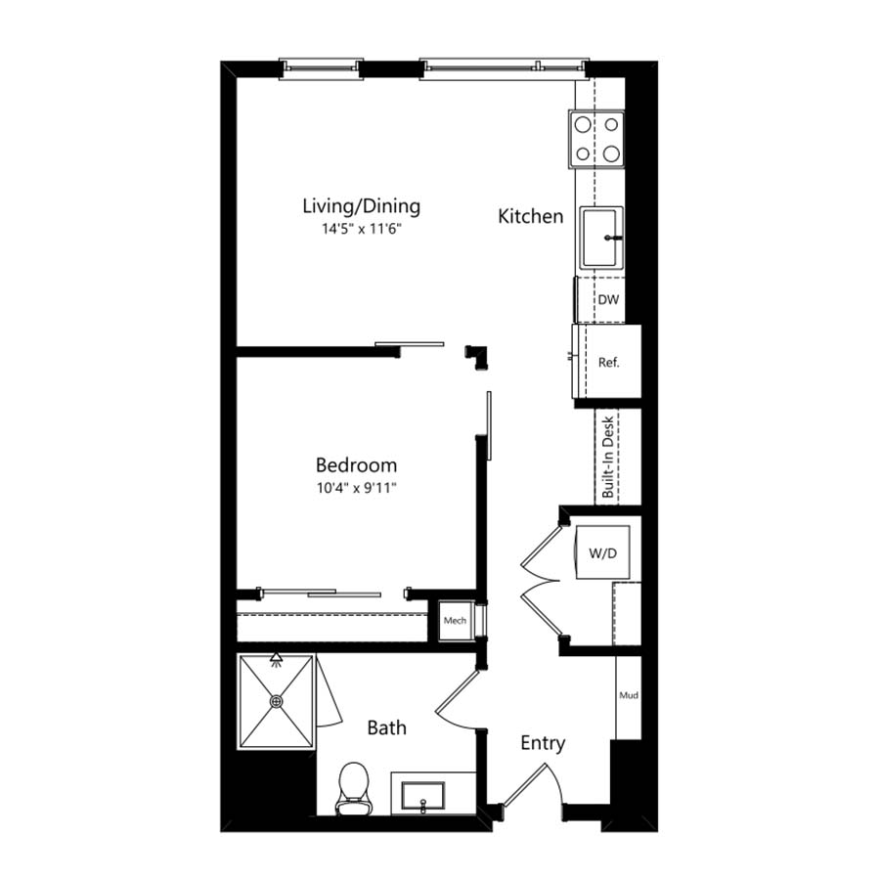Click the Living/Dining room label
click(362, 206)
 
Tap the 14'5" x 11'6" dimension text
click(362, 229)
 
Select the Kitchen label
click(530, 216)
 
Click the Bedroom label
click(356, 464)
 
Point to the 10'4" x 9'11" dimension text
click(356, 488)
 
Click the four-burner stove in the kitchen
click(596, 139)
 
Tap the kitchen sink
click(601, 238)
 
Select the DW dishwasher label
click(608, 299)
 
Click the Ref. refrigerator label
click(609, 363)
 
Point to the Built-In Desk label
click(607, 457)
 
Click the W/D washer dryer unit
click(603, 552)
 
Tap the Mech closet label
click(455, 620)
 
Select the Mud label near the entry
click(629, 695)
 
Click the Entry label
click(543, 743)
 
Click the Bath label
click(386, 727)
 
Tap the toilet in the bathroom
click(354, 788)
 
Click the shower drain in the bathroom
click(276, 701)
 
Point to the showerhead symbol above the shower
click(276, 659)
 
